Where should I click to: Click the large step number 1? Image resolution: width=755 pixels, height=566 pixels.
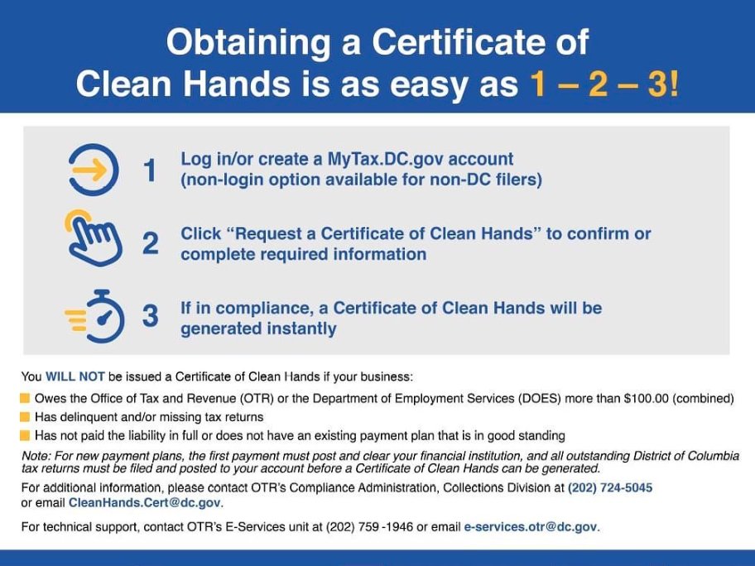[150, 171]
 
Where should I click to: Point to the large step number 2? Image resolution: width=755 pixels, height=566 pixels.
[151, 244]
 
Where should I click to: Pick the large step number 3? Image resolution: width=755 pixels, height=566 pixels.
[150, 317]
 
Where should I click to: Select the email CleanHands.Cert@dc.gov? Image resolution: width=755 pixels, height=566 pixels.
[146, 503]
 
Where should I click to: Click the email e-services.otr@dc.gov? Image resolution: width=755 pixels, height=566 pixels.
[531, 527]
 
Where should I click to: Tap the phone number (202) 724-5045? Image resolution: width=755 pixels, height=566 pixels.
[610, 488]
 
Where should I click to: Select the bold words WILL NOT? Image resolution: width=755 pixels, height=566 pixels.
[76, 377]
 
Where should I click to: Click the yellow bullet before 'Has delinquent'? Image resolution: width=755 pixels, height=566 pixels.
[26, 417]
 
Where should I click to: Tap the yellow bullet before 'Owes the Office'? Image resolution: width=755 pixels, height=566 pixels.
[26, 399]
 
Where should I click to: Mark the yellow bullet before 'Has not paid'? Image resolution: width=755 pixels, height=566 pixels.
[26, 435]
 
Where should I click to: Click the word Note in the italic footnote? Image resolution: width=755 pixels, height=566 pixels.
[36, 457]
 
